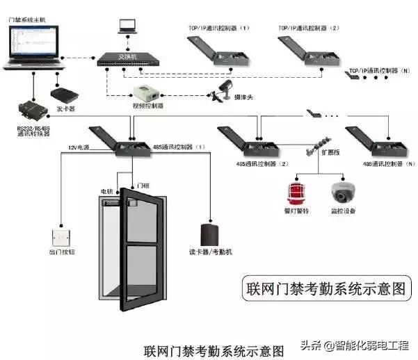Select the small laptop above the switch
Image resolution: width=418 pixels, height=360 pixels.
(127, 26)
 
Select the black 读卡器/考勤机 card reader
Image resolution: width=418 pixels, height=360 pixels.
(209, 236)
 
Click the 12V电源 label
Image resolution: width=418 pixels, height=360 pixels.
(79, 147)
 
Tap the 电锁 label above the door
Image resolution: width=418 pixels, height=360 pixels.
(106, 190)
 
